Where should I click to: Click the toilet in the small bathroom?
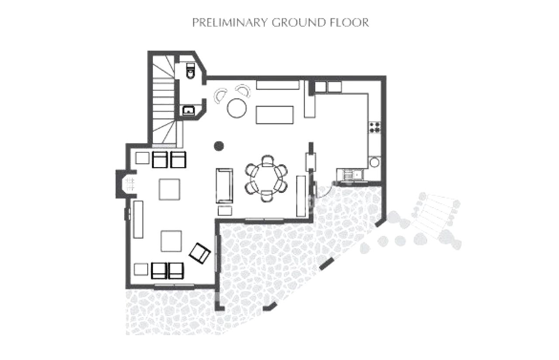pos(190,71)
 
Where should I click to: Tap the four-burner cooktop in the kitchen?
pos(375,127)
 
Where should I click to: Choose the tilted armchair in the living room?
pos(200,253)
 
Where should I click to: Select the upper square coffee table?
pos(169,189)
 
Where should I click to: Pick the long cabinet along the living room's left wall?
pos(138,219)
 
